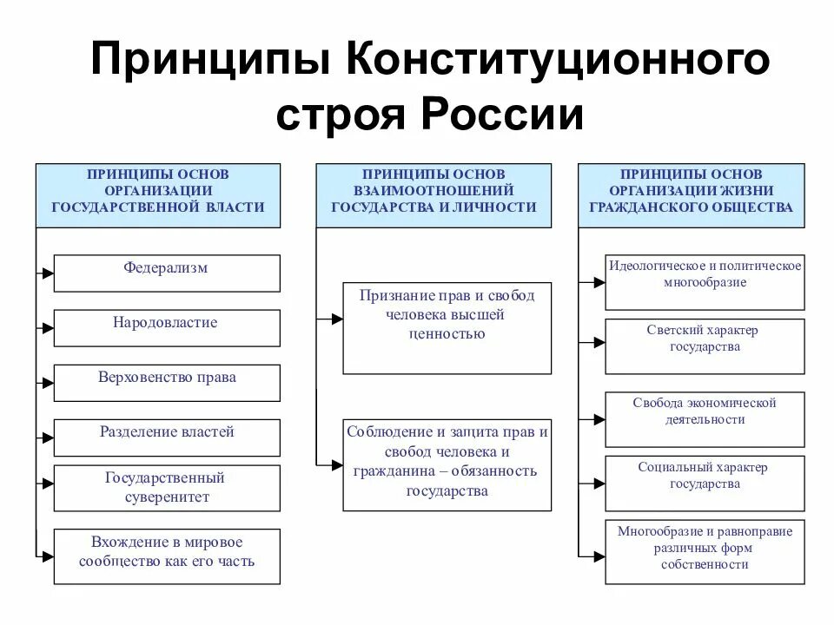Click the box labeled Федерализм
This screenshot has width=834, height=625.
[167, 273]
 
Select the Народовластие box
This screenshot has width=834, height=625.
[167, 327]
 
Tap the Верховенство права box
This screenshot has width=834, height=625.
[167, 382]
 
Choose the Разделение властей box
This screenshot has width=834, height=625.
[167, 437]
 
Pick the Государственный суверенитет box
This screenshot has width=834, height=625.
[167, 488]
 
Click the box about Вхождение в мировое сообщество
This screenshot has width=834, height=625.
[167, 556]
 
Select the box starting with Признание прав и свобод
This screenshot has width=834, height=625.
[447, 328]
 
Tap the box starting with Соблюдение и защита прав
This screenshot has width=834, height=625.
[447, 464]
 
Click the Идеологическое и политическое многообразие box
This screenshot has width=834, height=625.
[705, 280]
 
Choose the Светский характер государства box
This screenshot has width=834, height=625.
[705, 345]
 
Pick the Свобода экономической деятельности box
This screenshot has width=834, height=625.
[705, 418]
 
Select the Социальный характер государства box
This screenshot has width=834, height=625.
[705, 483]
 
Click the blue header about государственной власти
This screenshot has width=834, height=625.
[158, 195]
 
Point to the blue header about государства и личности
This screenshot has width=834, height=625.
[434, 195]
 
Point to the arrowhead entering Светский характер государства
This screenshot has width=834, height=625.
[599, 345]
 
